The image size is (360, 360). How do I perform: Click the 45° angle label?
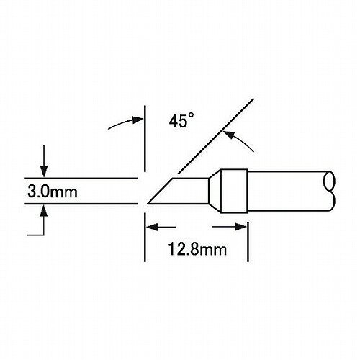[x=181, y=120]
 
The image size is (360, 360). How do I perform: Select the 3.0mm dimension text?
[x=53, y=192]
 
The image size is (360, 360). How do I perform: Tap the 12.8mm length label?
[x=197, y=249]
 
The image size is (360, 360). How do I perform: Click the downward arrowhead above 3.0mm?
[x=44, y=171]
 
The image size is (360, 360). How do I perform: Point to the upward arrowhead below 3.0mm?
[x=44, y=211]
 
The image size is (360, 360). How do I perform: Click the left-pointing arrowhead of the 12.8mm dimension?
[x=152, y=227]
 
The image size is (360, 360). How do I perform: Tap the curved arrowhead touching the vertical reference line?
[x=138, y=120]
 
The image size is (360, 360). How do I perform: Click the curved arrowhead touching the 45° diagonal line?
[x=229, y=135]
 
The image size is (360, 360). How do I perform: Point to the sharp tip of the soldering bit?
[x=148, y=204]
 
